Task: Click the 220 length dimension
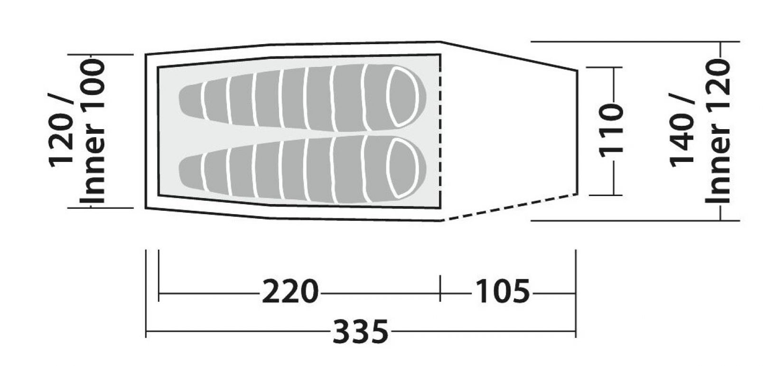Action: pos(290,291)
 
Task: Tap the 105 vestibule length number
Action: pos(503,291)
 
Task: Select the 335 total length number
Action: pos(360,331)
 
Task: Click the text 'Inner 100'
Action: pos(92,131)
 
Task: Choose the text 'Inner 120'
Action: pos(717,131)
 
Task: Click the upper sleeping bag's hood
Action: pos(404,96)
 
